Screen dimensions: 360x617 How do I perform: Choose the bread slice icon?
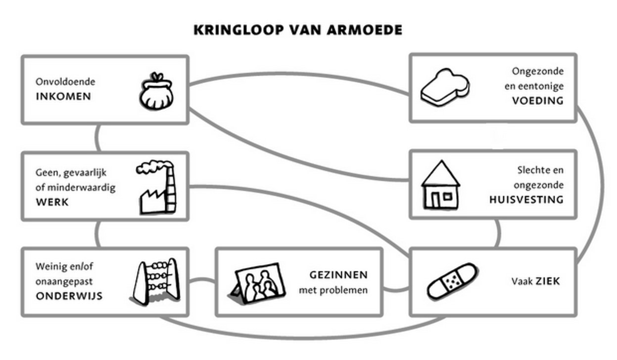(x=444, y=89)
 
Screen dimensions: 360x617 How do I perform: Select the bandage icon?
(x=452, y=281)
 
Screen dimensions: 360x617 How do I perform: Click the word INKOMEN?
(x=63, y=96)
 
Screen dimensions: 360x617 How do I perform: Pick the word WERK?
(x=52, y=202)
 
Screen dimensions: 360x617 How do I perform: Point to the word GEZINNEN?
(x=338, y=274)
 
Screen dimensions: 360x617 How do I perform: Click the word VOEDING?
(x=537, y=101)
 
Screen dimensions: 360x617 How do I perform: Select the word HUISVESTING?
(x=526, y=200)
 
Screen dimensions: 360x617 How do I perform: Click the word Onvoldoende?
(x=65, y=82)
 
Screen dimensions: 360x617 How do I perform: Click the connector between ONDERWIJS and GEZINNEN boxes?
(x=202, y=282)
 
